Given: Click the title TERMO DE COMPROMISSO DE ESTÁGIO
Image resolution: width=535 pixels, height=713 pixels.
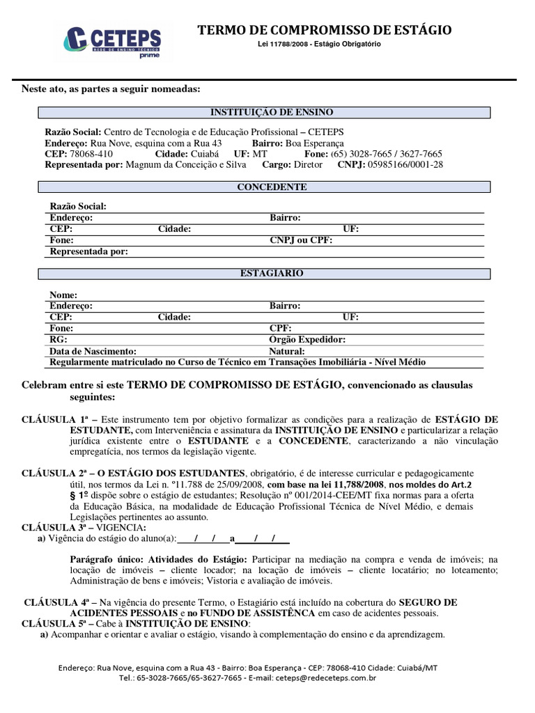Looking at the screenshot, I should (325, 30).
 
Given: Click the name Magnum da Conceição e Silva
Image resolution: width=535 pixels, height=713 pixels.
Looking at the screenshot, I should (184, 164).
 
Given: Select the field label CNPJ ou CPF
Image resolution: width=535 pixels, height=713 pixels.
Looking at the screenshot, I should (301, 240).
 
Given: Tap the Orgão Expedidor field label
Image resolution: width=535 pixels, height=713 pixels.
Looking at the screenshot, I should (307, 340).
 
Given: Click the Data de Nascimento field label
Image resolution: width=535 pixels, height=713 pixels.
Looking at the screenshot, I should (93, 351).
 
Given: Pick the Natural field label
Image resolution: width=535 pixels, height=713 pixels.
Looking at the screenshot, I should (287, 351).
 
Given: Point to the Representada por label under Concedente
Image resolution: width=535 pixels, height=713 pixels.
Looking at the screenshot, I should (89, 251).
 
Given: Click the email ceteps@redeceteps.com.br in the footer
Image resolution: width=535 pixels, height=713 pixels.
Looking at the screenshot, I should (326, 677).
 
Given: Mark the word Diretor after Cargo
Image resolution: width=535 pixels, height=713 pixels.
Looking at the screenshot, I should (309, 164).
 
